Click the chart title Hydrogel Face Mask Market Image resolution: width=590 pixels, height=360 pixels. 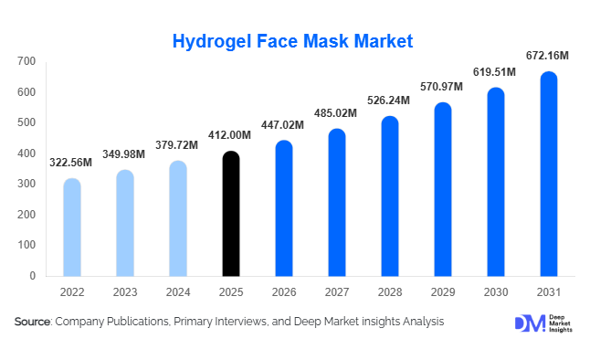(x=294, y=41)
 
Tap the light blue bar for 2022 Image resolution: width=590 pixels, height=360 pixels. (x=72, y=228)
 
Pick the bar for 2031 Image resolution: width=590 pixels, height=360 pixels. (x=548, y=174)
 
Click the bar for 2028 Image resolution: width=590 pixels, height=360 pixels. (x=390, y=196)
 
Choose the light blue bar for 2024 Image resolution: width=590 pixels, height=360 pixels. (x=178, y=218)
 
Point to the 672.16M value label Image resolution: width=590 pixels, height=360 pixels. (x=548, y=57)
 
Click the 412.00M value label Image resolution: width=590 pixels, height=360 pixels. (x=231, y=136)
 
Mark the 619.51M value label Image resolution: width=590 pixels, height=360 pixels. (x=495, y=73)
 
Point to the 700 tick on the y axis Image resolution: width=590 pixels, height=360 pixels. (x=26, y=61)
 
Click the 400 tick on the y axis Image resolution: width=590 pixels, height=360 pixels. (x=26, y=154)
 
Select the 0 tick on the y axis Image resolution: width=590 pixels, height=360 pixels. (x=32, y=276)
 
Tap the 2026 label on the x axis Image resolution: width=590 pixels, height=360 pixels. (x=284, y=292)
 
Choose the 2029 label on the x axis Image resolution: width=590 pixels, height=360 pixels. (x=442, y=292)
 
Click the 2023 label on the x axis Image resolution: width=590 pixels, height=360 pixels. (x=125, y=292)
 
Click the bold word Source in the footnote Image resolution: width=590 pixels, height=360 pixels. (x=33, y=323)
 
